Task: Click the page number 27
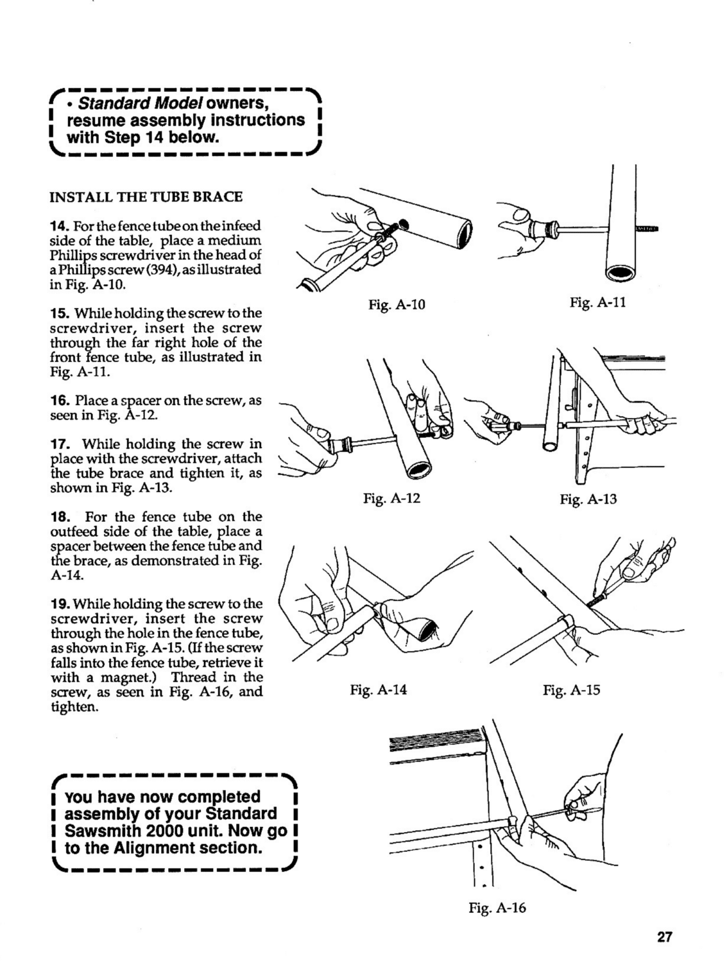(x=664, y=937)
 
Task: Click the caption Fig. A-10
(x=397, y=305)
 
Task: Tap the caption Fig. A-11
(x=597, y=302)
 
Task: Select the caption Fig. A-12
(x=391, y=498)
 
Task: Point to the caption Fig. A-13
(x=588, y=499)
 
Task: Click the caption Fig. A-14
(x=379, y=690)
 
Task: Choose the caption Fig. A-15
(x=571, y=691)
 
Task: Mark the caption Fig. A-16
(x=497, y=908)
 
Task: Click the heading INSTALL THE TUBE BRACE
(x=146, y=196)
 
